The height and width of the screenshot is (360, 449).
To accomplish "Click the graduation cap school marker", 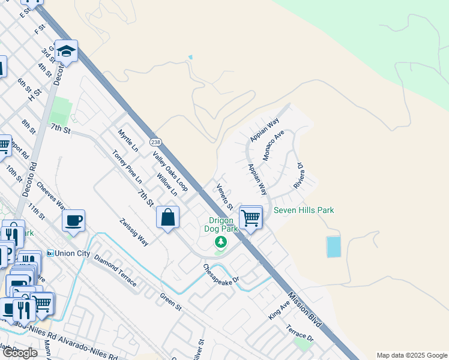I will (67, 52).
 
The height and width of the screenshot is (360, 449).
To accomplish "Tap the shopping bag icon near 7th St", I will (168, 217).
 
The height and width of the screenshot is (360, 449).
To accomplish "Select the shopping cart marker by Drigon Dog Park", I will (250, 217).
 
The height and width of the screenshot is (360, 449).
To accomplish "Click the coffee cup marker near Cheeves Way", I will (73, 220).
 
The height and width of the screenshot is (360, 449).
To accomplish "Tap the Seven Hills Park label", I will (304, 210).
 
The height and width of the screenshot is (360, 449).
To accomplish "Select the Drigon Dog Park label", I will (223, 224).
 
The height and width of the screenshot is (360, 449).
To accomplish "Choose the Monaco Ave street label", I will (273, 145).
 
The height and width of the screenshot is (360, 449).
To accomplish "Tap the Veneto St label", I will (226, 196).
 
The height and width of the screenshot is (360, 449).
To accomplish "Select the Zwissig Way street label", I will (134, 232).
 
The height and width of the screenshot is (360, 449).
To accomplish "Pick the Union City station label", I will (73, 253).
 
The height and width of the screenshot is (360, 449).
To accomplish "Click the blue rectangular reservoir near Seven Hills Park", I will (333, 246).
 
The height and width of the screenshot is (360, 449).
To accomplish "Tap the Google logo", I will (20, 353).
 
